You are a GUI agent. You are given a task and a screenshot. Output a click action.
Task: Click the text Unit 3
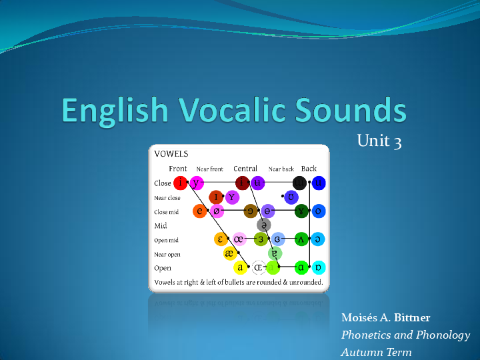[x=379, y=141]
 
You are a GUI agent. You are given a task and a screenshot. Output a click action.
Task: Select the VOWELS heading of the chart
[x=171, y=153]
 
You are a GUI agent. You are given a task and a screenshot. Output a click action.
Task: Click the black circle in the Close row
[x=301, y=183]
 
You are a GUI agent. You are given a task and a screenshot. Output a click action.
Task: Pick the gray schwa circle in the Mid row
[x=264, y=225]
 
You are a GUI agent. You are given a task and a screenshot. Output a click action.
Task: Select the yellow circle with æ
[x=230, y=253]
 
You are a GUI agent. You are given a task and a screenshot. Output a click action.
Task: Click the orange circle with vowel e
[x=199, y=211]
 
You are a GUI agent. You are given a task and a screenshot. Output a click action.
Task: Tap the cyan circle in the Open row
[x=319, y=268]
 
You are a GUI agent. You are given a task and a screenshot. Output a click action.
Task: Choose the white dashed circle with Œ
[x=259, y=268]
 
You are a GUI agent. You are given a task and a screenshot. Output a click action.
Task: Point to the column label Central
[x=245, y=169]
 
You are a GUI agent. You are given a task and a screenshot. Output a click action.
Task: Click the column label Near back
[x=281, y=169]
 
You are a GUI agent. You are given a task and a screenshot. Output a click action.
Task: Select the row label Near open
[x=167, y=254]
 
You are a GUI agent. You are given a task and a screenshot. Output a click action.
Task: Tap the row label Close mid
[x=166, y=212]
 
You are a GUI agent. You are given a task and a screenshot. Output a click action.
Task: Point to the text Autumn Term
[x=376, y=352]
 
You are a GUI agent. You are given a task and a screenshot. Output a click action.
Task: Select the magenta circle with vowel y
[x=196, y=183]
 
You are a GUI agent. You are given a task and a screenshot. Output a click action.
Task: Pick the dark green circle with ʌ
[x=301, y=239]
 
